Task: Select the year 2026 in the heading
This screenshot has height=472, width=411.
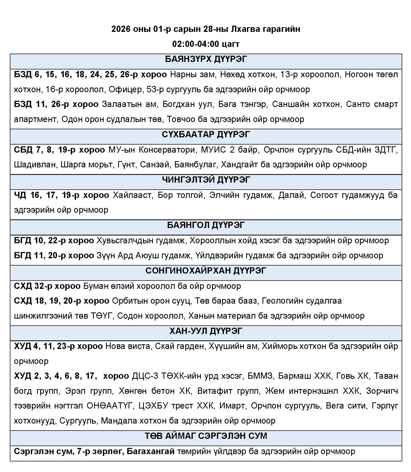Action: click(x=121, y=29)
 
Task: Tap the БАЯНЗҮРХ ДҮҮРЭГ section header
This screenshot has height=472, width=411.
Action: click(x=206, y=59)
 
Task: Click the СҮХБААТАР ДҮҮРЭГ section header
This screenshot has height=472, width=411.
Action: click(x=206, y=135)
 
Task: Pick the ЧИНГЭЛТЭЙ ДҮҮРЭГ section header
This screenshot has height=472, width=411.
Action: click(x=206, y=180)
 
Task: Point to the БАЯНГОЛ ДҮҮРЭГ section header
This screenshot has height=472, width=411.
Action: click(x=206, y=225)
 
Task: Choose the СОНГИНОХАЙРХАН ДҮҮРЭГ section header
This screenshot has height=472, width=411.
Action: click(x=206, y=271)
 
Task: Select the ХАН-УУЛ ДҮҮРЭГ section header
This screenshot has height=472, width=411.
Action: click(x=206, y=331)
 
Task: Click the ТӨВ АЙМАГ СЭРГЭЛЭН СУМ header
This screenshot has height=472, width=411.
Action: click(x=206, y=436)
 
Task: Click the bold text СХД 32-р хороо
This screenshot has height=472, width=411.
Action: click(x=47, y=286)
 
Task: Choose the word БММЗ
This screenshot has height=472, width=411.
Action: click(x=260, y=376)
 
